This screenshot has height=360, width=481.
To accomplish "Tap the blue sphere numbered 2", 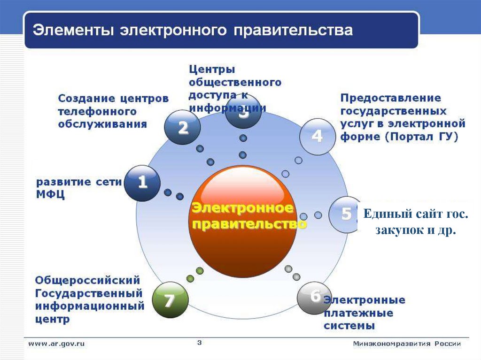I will point(182,127).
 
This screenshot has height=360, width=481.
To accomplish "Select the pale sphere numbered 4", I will point(317,137).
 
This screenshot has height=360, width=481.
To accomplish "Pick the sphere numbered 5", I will point(345,214).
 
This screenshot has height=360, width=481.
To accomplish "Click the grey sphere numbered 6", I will point(314,297).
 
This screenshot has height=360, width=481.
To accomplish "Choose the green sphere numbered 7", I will point(170,300).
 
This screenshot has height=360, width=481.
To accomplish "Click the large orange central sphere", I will point(243,221).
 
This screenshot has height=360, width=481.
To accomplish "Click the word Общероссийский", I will point(88,280).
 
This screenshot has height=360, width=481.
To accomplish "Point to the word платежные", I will point(358,313).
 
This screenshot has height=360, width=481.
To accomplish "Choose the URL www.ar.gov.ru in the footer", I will point(56,344).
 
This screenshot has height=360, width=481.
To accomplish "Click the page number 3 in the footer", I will point(199,343).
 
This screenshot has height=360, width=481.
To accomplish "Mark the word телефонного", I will point(97,112).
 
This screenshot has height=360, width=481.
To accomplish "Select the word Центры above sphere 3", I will point(212,69).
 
